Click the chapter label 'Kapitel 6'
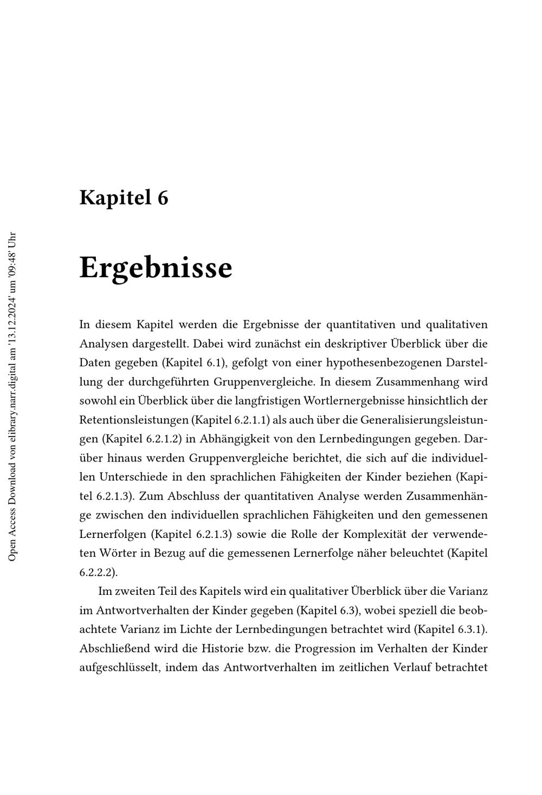(124, 197)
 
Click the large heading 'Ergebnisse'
(156, 267)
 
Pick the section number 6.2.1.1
(249, 420)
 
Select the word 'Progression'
(308, 649)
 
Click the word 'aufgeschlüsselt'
(119, 668)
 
